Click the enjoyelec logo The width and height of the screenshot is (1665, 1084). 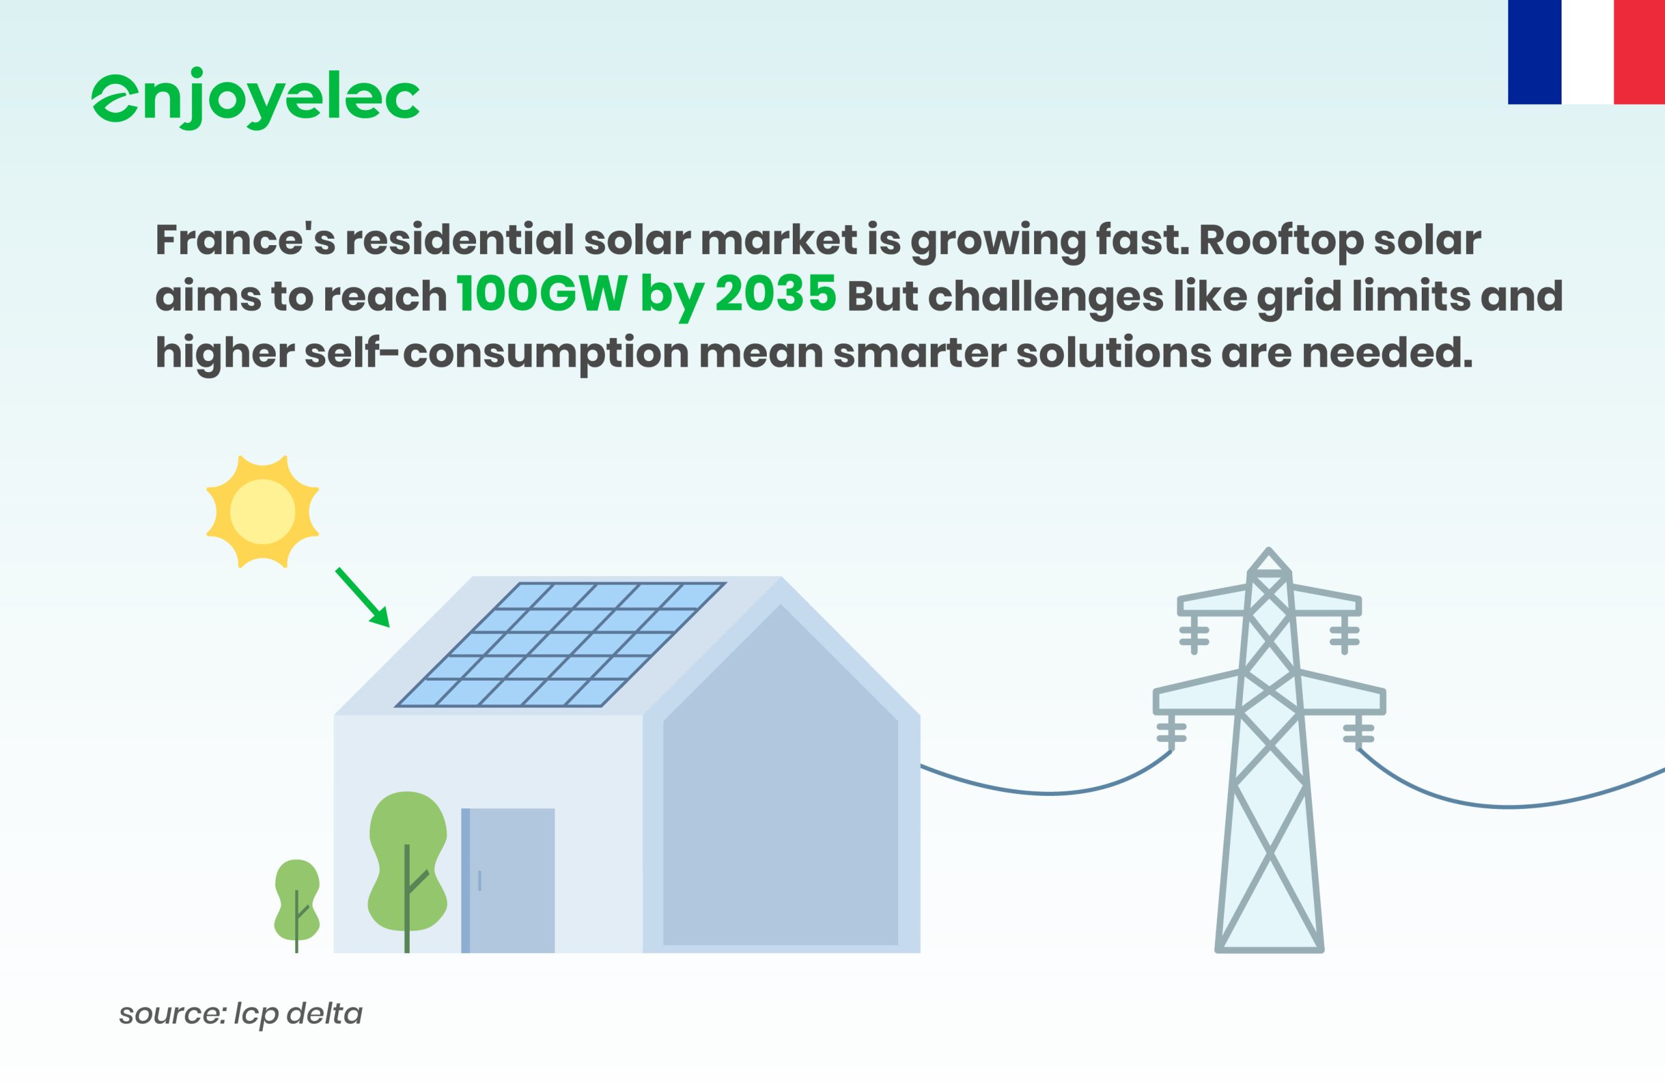point(256,98)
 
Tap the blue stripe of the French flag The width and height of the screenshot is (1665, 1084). point(1534,52)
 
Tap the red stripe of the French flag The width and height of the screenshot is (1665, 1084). point(1639,52)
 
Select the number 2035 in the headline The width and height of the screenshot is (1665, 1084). point(775,294)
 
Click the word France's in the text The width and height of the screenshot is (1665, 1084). point(245,239)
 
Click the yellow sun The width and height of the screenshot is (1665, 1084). point(262,511)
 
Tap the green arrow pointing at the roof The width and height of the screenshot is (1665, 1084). point(362,597)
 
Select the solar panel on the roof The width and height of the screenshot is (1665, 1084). point(561,644)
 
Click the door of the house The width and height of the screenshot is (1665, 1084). point(508,880)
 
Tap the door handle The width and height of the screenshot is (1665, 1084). point(480,880)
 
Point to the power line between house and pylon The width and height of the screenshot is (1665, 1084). point(1047,793)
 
